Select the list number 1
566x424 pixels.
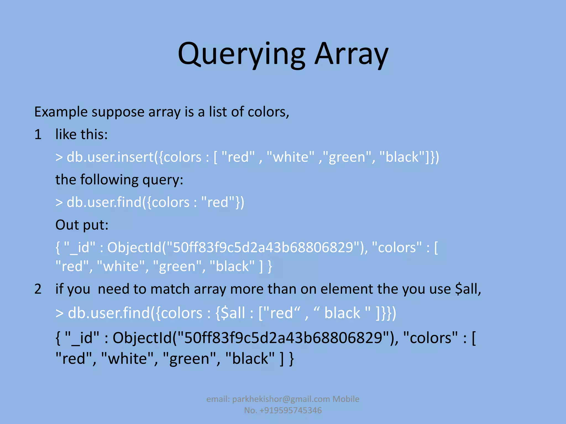tap(38, 135)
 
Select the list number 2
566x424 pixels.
tap(38, 289)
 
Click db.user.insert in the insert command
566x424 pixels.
tap(110, 157)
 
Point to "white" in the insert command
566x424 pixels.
tap(290, 157)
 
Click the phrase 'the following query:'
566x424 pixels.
tap(119, 180)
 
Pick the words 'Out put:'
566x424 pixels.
tap(82, 225)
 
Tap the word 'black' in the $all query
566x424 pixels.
tap(342, 313)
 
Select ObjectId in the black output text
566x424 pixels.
tap(142, 338)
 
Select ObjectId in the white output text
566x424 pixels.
tap(134, 248)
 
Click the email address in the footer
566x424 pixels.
tap(281, 399)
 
